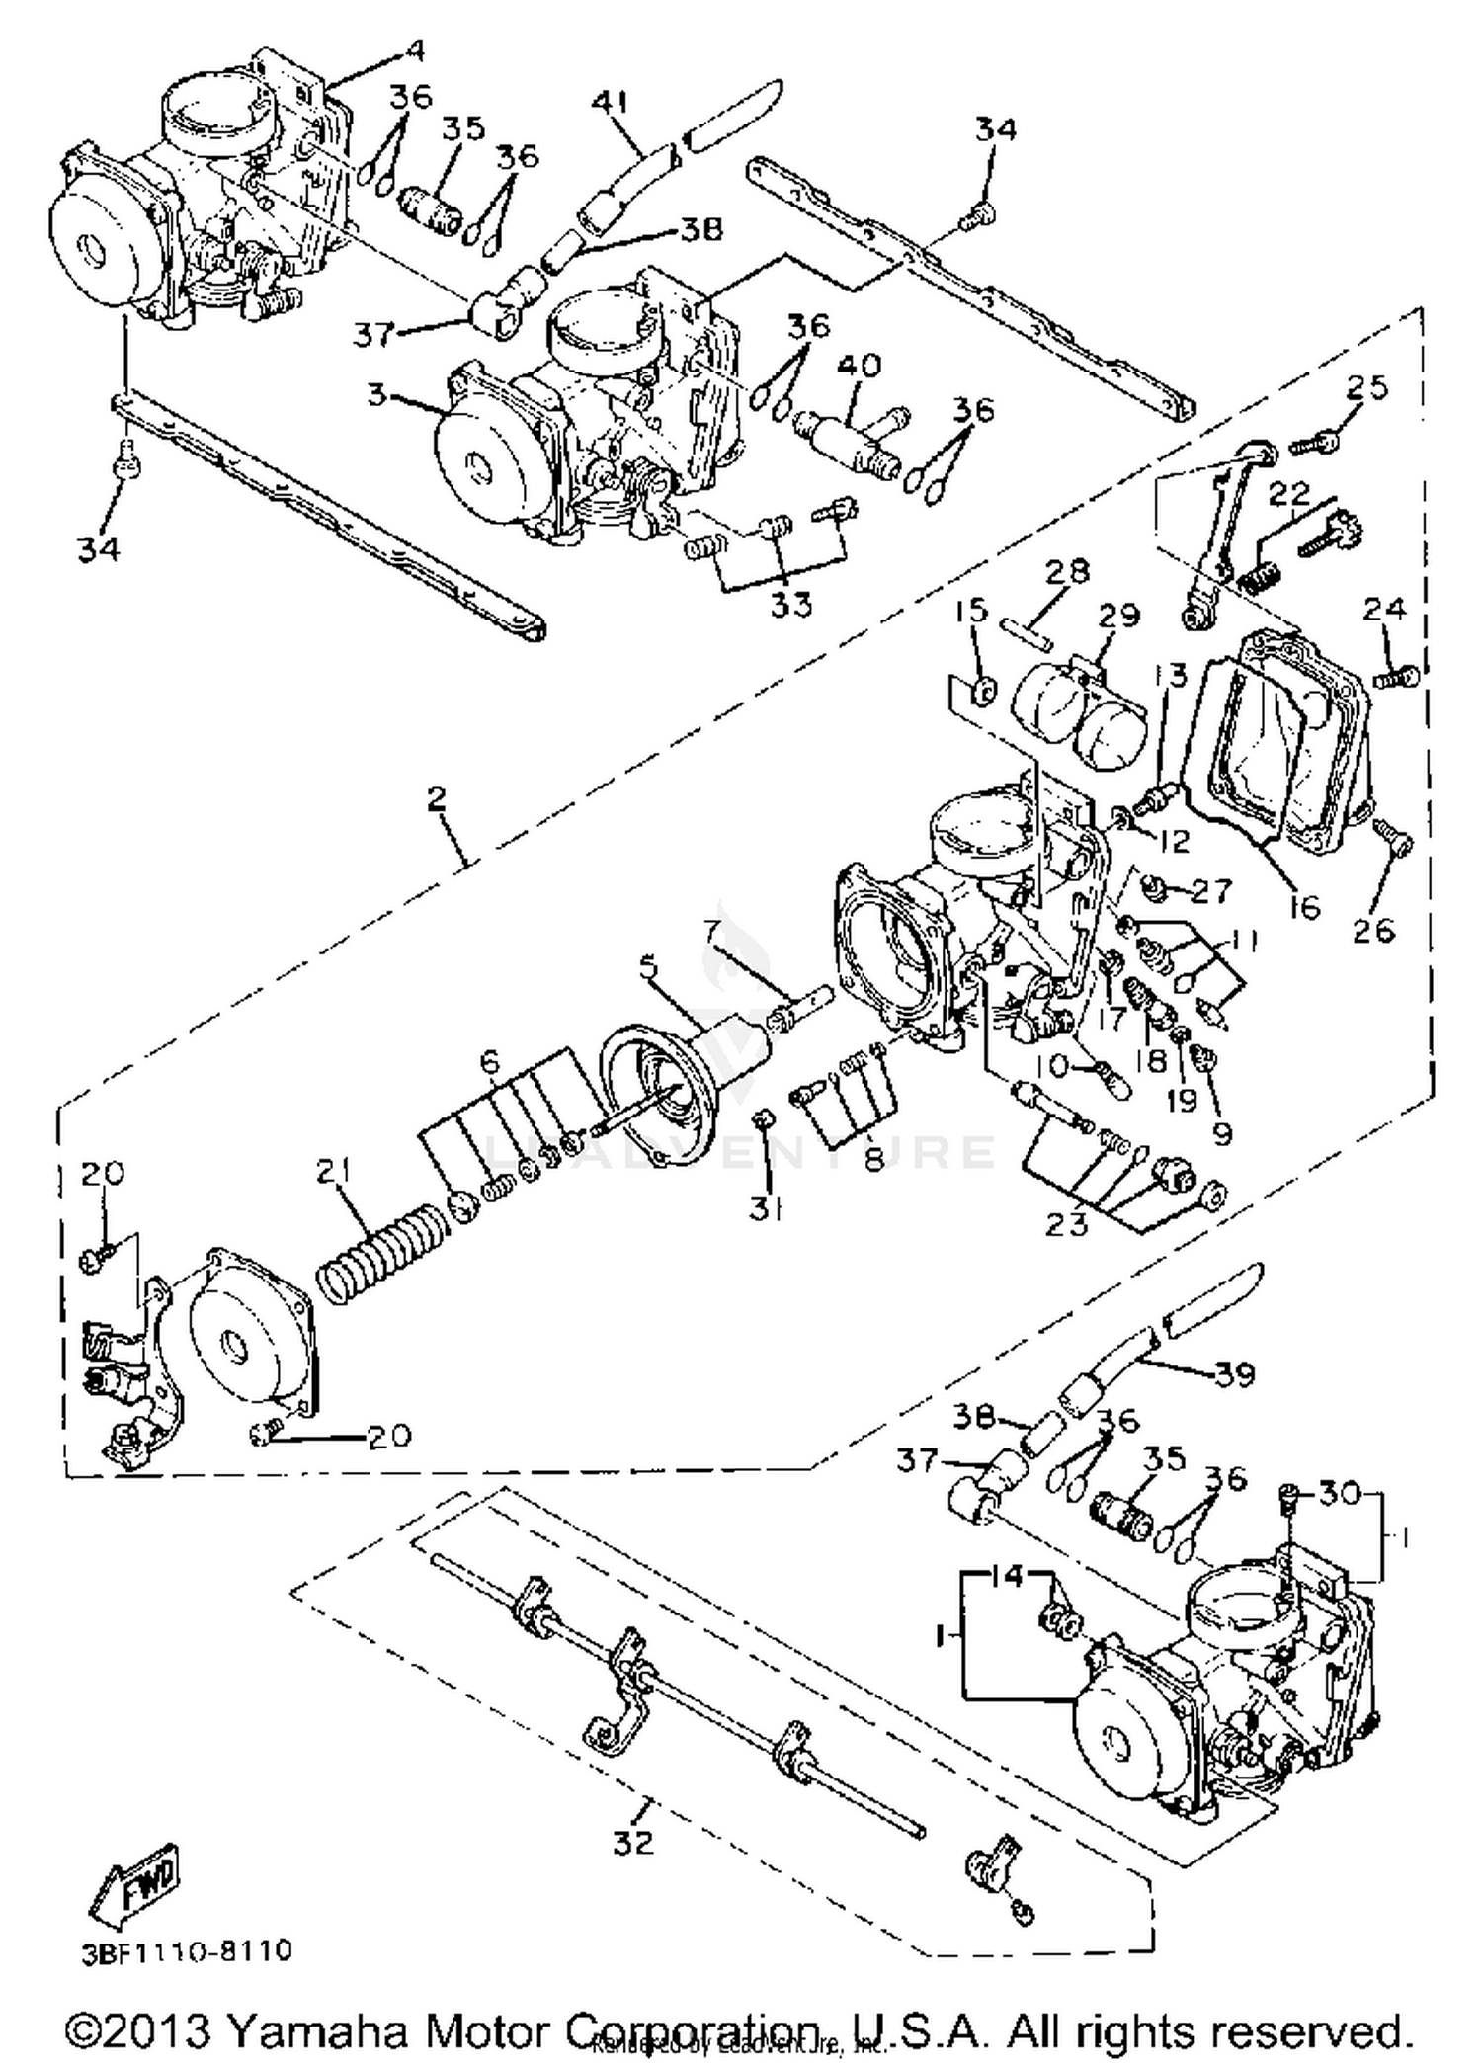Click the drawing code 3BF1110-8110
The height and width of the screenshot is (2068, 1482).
(188, 1950)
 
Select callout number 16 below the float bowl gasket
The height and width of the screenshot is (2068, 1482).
(1304, 906)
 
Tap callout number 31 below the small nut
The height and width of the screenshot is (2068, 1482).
(765, 1208)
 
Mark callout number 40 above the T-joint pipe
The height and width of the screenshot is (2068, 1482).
(860, 366)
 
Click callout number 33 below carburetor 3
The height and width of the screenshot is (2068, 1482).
(791, 604)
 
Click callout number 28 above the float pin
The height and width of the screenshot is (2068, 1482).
(1068, 571)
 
